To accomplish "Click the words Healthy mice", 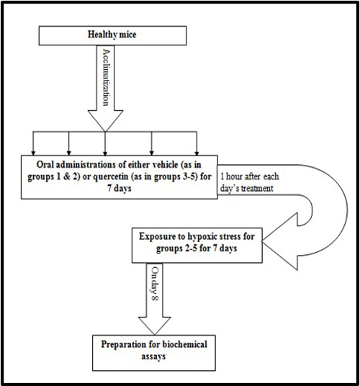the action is (112, 35).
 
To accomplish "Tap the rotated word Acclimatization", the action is (106, 77).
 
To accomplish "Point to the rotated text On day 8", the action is (155, 284).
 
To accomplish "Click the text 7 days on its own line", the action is (120, 189).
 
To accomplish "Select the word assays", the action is (153, 356).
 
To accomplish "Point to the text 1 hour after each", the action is (250, 176).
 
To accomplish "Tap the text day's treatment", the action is (247, 189).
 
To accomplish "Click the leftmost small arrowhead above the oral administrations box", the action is (33, 153).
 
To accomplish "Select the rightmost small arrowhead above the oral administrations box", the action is (197, 153).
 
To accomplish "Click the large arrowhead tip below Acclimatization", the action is (105, 132).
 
